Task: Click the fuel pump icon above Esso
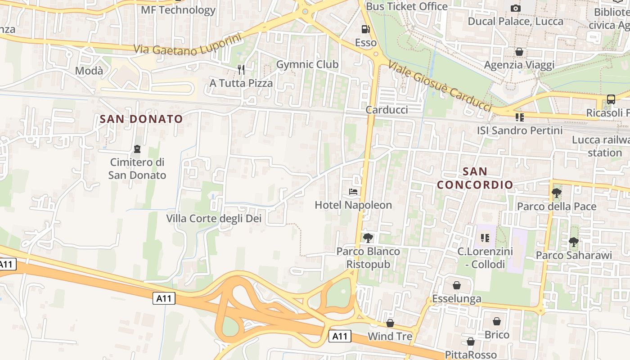(x=366, y=29)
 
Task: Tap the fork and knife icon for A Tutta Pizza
(x=241, y=69)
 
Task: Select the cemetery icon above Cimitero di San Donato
(x=137, y=148)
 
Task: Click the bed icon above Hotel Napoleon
(x=353, y=192)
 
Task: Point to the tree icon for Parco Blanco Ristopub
(x=368, y=238)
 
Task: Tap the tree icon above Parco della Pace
(x=557, y=193)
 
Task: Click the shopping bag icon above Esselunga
(x=456, y=285)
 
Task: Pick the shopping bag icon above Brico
(x=497, y=321)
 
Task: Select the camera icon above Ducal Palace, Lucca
(x=516, y=8)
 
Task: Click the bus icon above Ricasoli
(x=611, y=99)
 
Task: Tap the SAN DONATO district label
(x=141, y=119)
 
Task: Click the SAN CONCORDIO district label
(x=475, y=178)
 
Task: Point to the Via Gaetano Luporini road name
(x=188, y=44)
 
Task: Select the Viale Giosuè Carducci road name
(x=439, y=85)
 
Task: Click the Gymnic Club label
(x=307, y=64)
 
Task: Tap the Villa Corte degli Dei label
(x=214, y=219)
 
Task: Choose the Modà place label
(x=89, y=71)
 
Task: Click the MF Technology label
(x=178, y=10)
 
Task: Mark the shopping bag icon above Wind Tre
(x=390, y=323)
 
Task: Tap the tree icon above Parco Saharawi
(x=573, y=242)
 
